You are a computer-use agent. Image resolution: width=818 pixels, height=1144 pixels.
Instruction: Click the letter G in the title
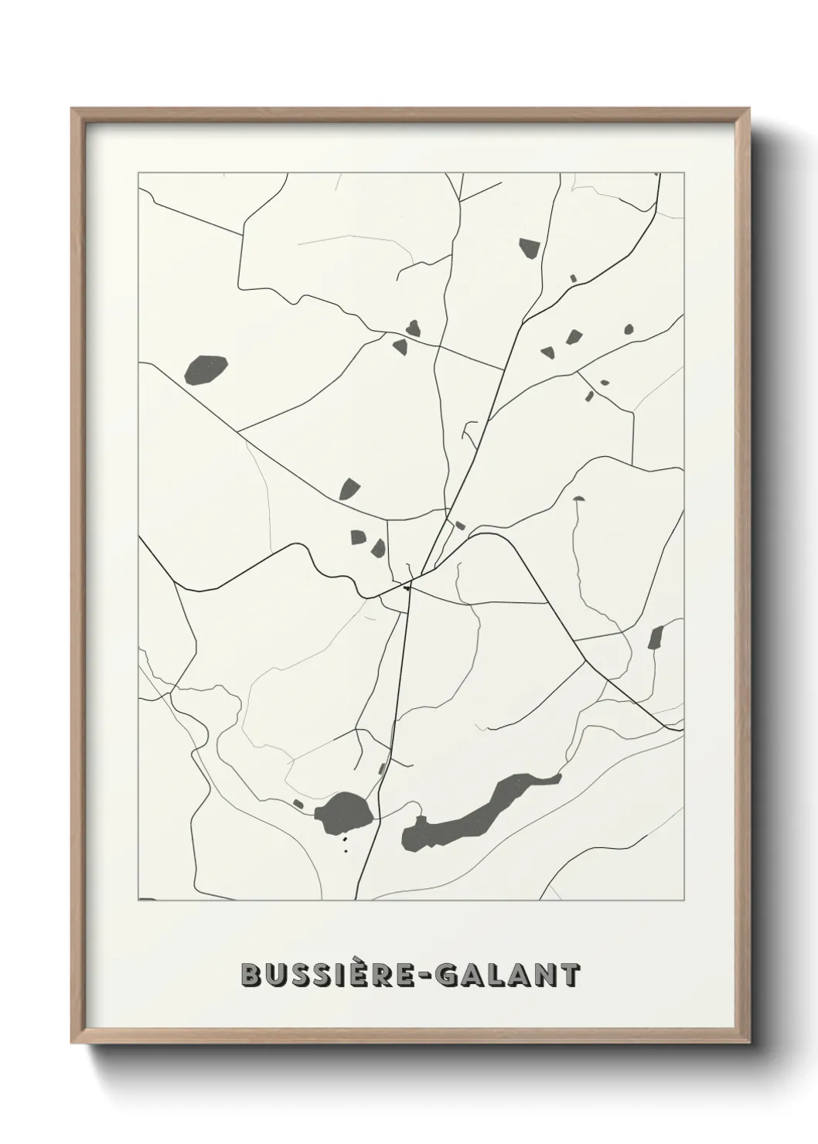click(448, 975)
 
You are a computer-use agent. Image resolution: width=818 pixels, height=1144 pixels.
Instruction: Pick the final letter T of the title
click(570, 975)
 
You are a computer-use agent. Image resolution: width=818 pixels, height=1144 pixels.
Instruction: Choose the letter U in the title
click(277, 975)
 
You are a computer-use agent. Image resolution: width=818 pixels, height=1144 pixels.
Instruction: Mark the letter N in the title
click(545, 975)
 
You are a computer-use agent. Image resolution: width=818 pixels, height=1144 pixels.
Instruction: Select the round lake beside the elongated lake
click(345, 809)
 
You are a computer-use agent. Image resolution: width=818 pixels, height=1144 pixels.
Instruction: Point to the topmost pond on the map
click(529, 248)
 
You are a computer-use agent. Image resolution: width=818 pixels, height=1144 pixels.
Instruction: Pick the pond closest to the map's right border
click(656, 638)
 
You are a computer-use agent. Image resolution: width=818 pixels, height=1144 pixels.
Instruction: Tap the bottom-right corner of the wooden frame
click(751, 1044)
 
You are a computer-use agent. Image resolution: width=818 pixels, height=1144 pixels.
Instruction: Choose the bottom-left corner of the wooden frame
click(73, 1044)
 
